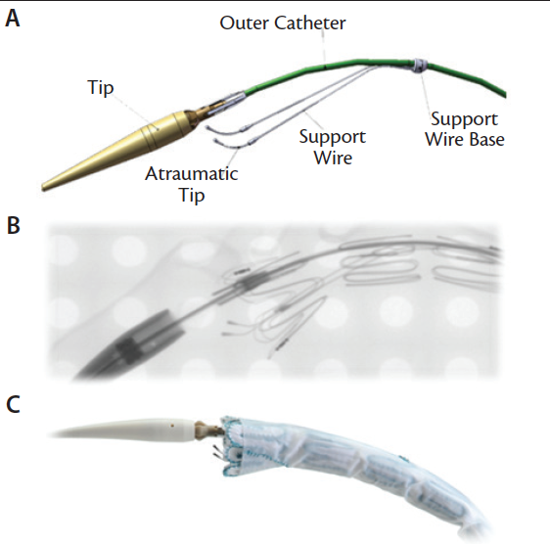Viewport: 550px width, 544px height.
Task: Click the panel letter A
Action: [13, 19]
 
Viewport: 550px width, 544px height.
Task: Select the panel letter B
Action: [14, 225]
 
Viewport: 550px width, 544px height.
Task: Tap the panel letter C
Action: [14, 404]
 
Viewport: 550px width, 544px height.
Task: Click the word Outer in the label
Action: [245, 23]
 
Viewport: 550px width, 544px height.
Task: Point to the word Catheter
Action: [310, 23]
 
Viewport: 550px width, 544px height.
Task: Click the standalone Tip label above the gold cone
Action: [101, 87]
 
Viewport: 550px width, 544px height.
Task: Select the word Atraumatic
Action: [192, 173]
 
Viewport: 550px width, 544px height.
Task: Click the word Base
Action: [486, 139]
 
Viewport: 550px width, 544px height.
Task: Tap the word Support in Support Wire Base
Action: [464, 119]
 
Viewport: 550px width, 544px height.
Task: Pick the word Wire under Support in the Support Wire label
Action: [333, 158]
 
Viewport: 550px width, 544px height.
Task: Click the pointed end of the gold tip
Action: [43, 188]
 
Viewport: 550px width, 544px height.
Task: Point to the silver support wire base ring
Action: [420, 66]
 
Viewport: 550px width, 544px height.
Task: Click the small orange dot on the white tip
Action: [172, 425]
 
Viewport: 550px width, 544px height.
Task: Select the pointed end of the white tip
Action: [50, 435]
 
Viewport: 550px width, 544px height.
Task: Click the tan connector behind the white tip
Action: [206, 430]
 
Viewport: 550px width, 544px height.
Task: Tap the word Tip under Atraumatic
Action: [192, 195]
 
